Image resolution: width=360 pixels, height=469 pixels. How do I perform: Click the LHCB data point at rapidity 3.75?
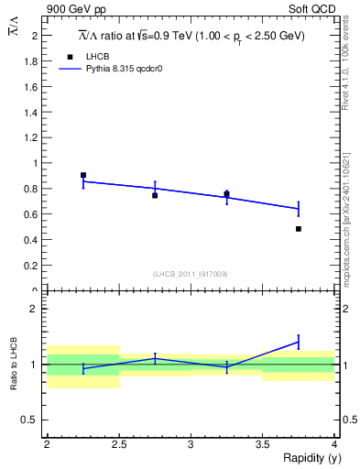tap(299, 228)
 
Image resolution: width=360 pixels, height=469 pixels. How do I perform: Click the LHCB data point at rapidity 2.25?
tap(83, 175)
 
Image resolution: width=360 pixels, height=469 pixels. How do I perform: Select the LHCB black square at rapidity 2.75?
tap(155, 195)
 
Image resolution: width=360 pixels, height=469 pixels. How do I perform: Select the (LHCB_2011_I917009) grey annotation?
tap(191, 274)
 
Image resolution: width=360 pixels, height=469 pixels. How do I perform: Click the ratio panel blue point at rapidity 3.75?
tap(299, 342)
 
